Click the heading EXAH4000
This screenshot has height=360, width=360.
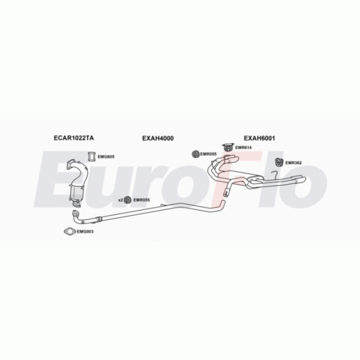pyautogui.click(x=158, y=139)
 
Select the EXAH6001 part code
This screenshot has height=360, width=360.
pyautogui.click(x=259, y=139)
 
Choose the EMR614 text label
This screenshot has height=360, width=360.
pyautogui.click(x=242, y=148)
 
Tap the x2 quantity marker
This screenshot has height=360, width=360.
pyautogui.click(x=120, y=200)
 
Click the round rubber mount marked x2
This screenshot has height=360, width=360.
pyautogui.click(x=128, y=200)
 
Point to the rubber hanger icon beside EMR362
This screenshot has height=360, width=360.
pyautogui.click(x=279, y=161)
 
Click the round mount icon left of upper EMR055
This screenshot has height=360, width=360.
pyautogui.click(x=195, y=154)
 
